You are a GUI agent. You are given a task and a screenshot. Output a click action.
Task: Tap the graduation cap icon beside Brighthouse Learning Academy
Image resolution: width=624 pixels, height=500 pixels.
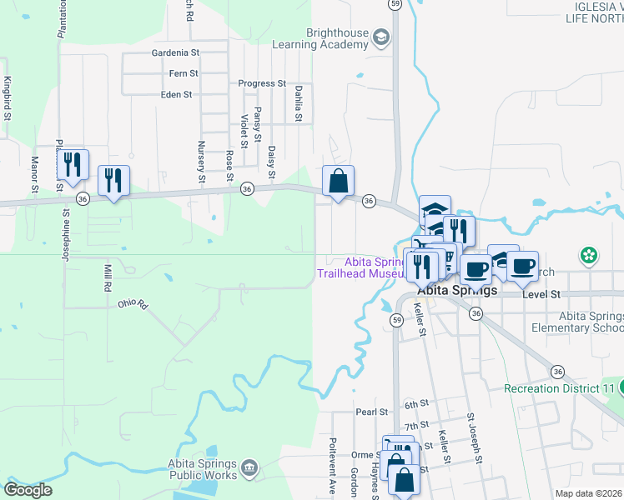[381, 37]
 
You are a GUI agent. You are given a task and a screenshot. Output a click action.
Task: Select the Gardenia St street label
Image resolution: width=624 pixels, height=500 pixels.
[175, 52]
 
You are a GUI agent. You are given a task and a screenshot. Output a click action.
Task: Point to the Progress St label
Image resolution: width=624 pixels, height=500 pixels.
[262, 84]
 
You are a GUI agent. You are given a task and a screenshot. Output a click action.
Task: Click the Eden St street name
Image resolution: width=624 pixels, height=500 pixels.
[177, 95]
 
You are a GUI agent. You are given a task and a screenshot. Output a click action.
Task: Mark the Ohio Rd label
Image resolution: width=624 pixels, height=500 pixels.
[132, 304]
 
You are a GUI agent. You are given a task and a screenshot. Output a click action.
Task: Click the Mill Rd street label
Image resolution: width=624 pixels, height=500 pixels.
[108, 277]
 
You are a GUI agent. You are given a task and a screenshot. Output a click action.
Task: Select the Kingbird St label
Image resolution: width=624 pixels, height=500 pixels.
[7, 97]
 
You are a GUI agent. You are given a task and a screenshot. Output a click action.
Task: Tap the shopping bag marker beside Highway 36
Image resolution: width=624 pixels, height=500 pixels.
[338, 181]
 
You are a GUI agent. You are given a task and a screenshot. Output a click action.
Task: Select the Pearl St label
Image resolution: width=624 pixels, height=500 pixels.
[372, 412]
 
